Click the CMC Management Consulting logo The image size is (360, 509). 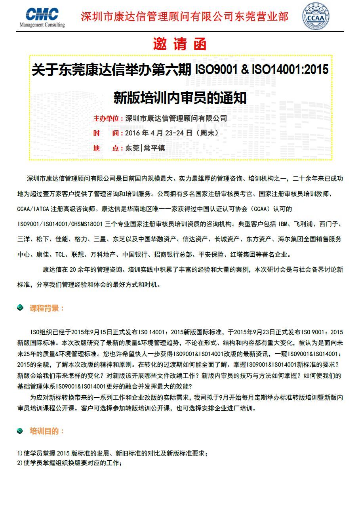(x=42, y=17)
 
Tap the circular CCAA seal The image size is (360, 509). (x=315, y=16)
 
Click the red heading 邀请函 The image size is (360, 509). (x=180, y=44)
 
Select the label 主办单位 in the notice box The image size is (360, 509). (x=106, y=118)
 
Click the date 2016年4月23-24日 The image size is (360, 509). (x=159, y=133)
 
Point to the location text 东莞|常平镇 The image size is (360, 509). (x=145, y=148)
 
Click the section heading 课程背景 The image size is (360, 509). (x=47, y=308)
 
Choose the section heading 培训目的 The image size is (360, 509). (x=47, y=431)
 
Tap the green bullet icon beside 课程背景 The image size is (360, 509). (x=20, y=308)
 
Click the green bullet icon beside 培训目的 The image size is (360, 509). (x=20, y=431)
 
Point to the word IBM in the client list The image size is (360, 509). (x=283, y=224)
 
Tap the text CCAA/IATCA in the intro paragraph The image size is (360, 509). (x=33, y=208)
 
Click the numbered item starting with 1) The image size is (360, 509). (x=112, y=454)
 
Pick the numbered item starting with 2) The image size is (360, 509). (x=69, y=463)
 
